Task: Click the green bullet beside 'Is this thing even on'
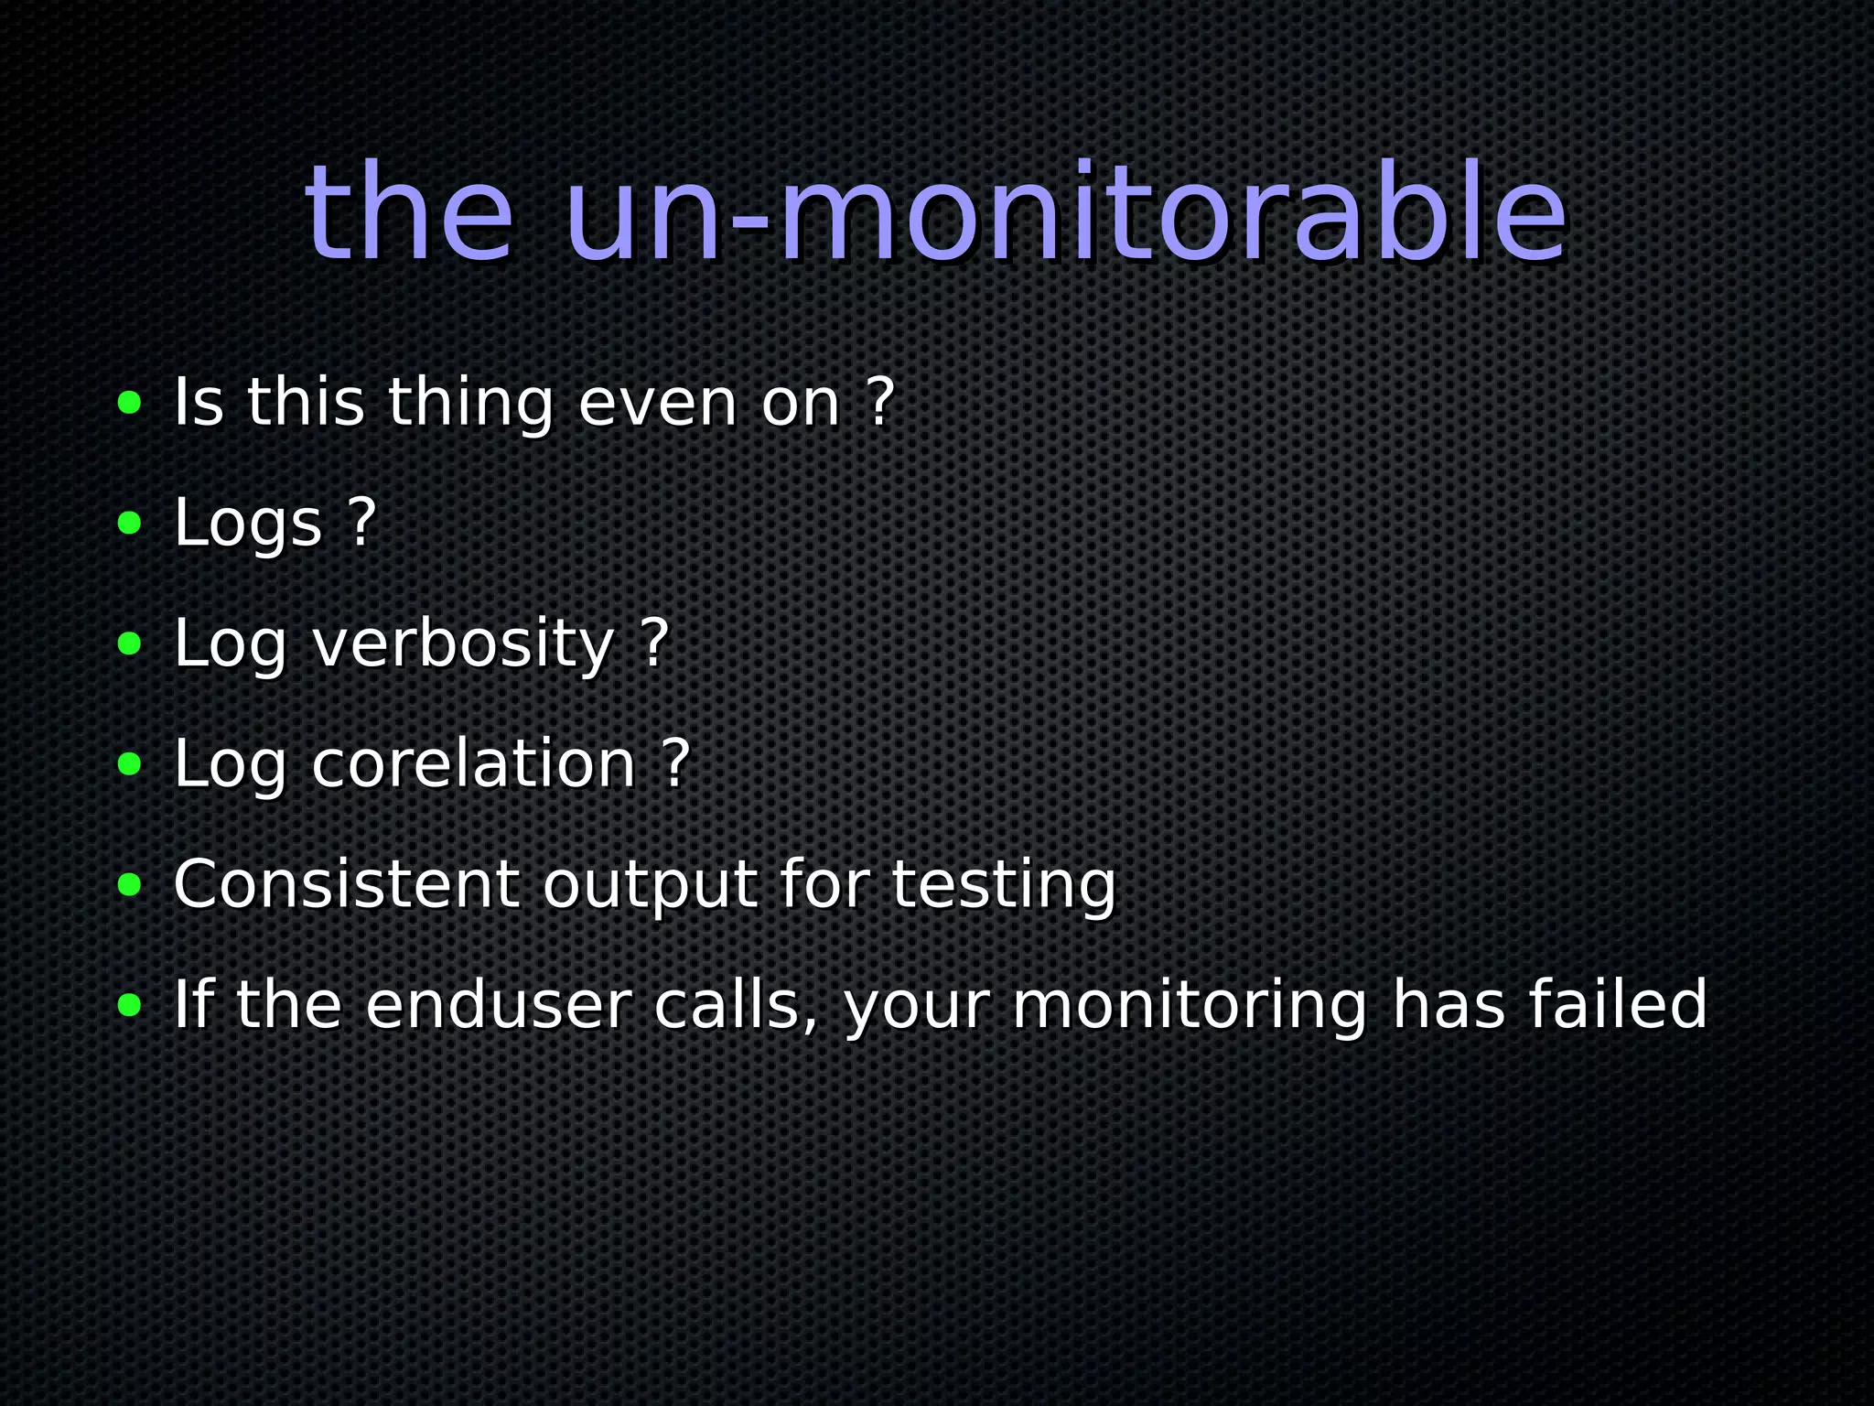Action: [x=130, y=402]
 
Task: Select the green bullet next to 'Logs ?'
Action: [x=130, y=523]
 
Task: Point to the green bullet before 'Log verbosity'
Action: [x=130, y=644]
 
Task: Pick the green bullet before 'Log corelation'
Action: [x=130, y=763]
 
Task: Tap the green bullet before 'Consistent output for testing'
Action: [x=130, y=884]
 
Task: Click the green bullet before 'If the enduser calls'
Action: [x=130, y=1005]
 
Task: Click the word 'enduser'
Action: [x=498, y=1005]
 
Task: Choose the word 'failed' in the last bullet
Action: [x=1618, y=1005]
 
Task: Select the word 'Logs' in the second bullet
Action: [x=248, y=523]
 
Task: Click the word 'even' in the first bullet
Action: [x=657, y=402]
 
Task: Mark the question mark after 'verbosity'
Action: [x=655, y=644]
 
